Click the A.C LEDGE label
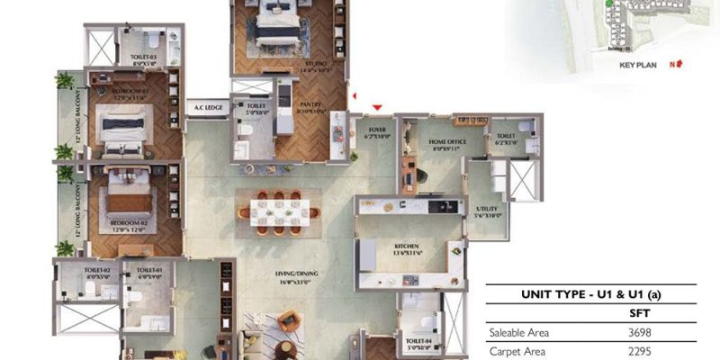pos(209,108)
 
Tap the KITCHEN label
pos(407,246)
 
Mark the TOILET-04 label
pos(417,340)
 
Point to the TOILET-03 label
pos(144,58)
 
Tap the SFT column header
pos(639,313)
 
